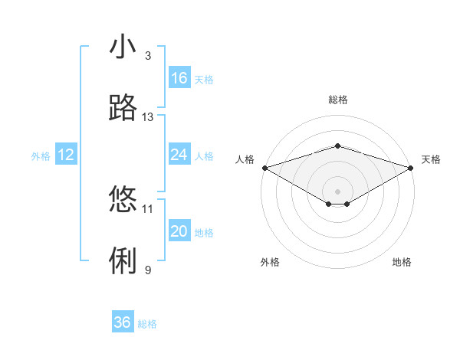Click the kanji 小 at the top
[123, 47]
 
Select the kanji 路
[123, 108]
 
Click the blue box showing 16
[179, 78]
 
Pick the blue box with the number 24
[179, 155]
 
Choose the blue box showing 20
[179, 231]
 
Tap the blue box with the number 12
[66, 155]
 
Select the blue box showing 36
[123, 322]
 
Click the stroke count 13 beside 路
[148, 116]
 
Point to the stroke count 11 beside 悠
[148, 208]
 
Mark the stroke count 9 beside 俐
[148, 270]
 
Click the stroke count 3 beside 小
[148, 55]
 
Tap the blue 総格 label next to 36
[147, 324]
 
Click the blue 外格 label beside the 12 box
[41, 156]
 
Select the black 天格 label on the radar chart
[431, 159]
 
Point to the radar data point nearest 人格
[264, 167]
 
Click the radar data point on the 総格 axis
[337, 146]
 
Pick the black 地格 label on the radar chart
[402, 262]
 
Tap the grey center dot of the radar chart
[337, 191]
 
